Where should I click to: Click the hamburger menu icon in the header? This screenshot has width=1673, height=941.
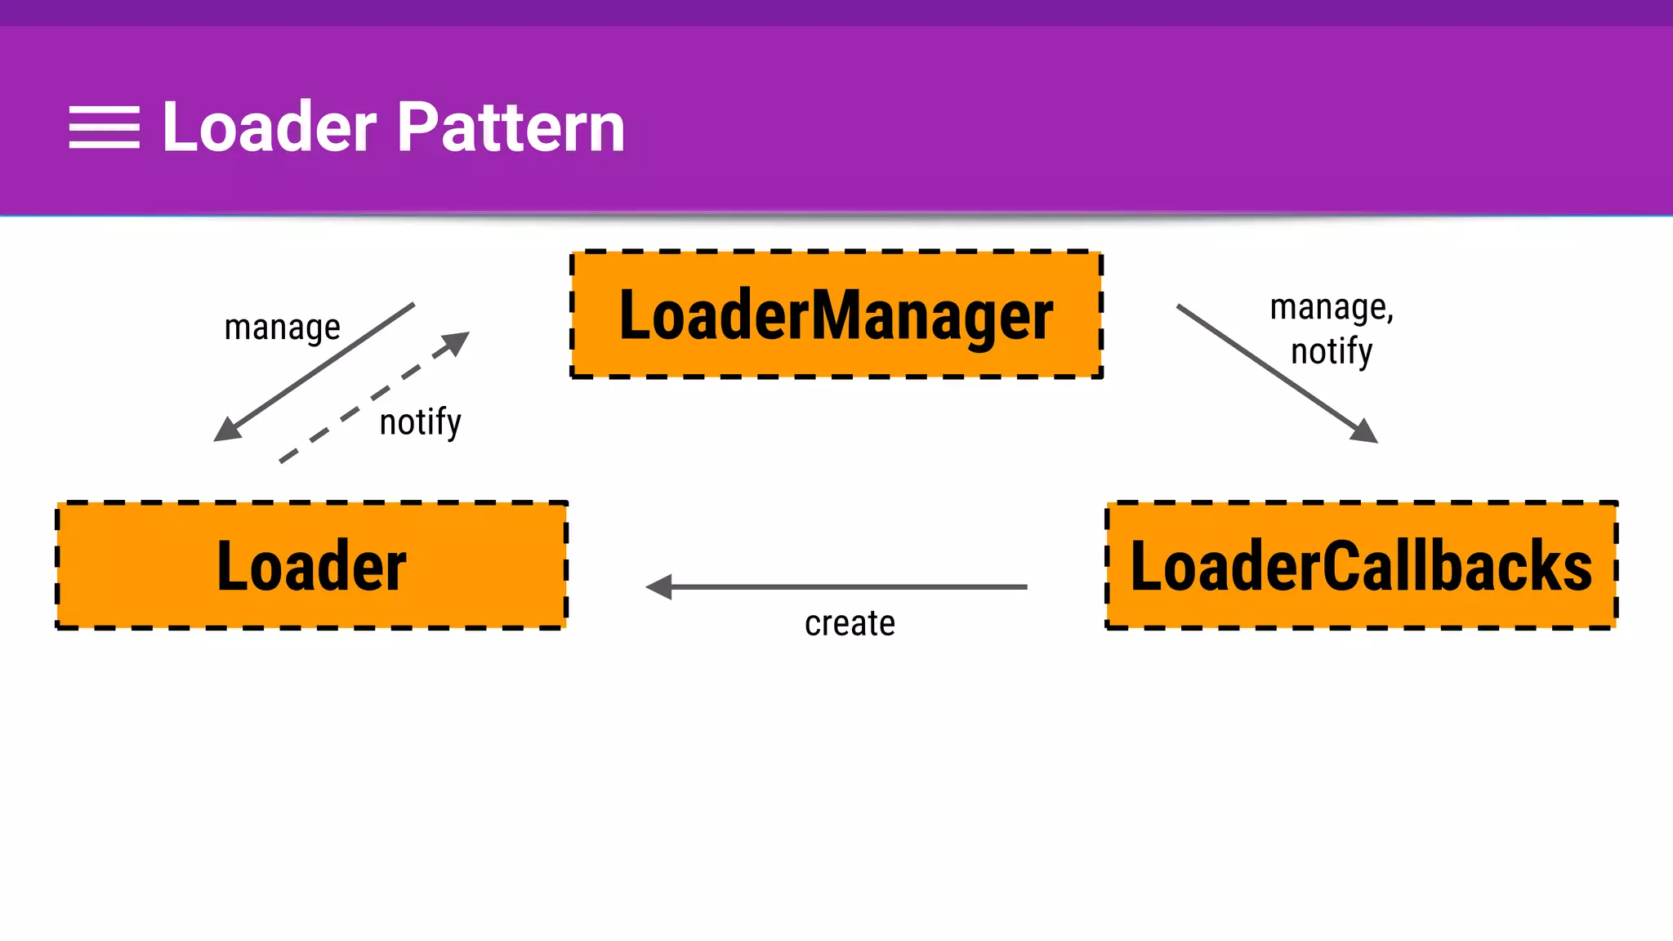tap(104, 127)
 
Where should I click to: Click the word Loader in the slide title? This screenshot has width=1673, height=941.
tap(270, 127)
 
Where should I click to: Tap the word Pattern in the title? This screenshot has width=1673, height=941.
tap(511, 127)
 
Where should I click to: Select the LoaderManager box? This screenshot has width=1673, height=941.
tap(836, 315)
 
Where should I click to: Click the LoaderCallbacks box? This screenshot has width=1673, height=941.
tap(1361, 565)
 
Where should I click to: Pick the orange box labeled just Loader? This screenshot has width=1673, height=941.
tap(311, 565)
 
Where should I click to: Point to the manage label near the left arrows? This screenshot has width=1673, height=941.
tap(282, 328)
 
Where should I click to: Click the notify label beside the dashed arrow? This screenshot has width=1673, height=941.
tap(420, 422)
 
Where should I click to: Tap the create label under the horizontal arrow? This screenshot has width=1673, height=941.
tap(850, 624)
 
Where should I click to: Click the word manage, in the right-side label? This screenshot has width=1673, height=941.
tap(1331, 308)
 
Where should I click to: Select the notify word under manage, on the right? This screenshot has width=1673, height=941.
tap(1331, 352)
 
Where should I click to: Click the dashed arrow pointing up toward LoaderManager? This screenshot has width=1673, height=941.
tap(368, 401)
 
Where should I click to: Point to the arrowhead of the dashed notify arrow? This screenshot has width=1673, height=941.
tap(456, 342)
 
